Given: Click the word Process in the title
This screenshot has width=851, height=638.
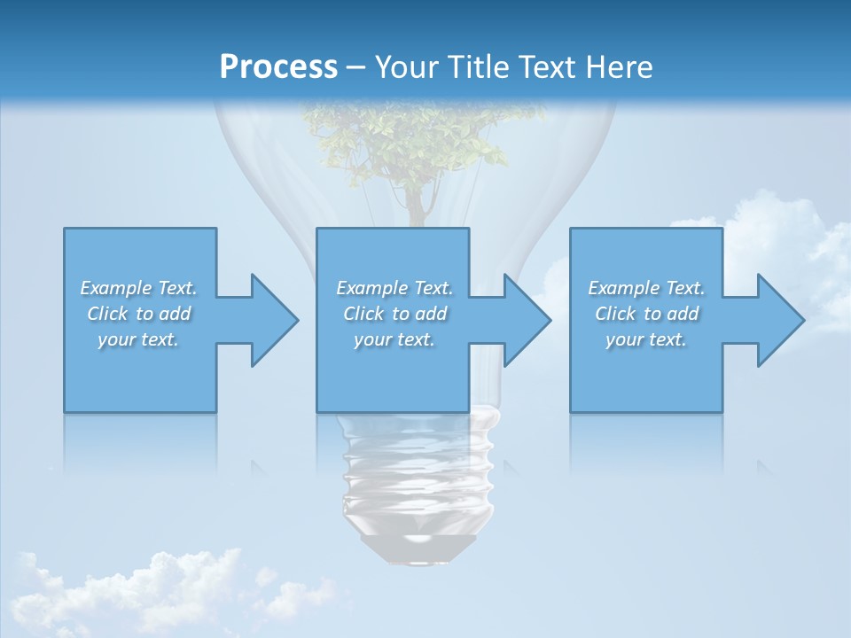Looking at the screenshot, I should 278,67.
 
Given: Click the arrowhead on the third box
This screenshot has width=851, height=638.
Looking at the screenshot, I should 779,320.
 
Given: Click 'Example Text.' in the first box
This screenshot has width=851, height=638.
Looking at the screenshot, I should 138,288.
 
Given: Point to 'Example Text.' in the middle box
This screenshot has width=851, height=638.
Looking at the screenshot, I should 394,288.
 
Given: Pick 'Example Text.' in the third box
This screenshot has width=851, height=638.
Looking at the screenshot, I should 646,288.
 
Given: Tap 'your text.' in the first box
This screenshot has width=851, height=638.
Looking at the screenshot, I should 138,339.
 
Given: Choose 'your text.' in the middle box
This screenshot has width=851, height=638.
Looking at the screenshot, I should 394,339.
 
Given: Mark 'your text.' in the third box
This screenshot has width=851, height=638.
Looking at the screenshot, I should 646,339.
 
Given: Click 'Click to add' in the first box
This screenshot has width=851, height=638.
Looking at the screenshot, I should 138,314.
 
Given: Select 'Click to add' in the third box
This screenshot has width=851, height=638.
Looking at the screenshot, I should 646,314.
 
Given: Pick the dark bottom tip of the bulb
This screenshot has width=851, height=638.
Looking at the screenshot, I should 418,549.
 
